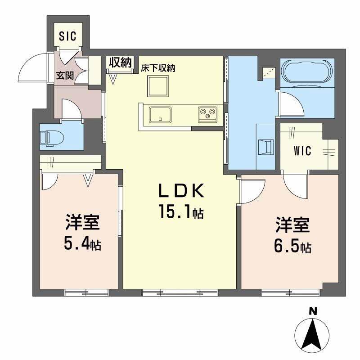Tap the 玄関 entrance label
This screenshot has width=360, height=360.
65,76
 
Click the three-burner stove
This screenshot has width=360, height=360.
207,114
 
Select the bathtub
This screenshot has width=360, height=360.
307,71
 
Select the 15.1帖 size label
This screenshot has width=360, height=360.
180,211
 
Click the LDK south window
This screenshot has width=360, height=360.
180,292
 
